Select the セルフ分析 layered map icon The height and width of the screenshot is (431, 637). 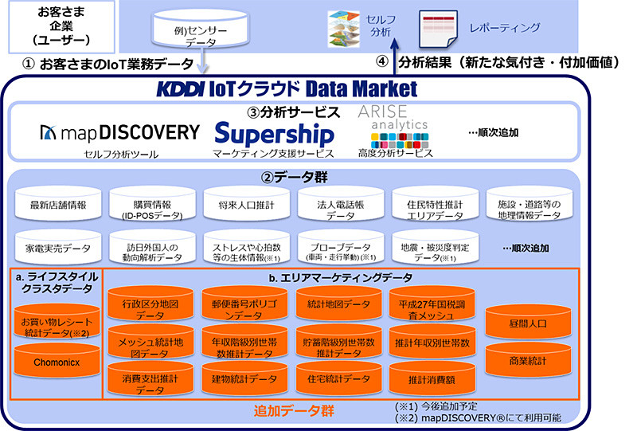[343, 27]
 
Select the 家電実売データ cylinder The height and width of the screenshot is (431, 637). [58, 248]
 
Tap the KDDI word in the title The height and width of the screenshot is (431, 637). [182, 88]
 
